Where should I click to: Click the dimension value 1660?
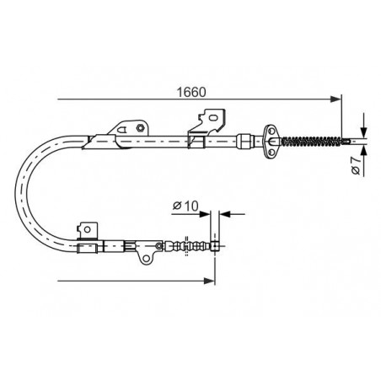[x=191, y=92]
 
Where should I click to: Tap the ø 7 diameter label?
[x=356, y=165]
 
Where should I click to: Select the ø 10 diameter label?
[x=185, y=206]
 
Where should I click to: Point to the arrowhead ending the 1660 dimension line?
[x=335, y=99]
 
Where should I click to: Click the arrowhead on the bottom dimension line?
[x=209, y=281]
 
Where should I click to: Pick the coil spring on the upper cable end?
[x=311, y=141]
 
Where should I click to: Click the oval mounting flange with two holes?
[x=271, y=142]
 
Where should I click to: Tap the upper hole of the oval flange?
[x=271, y=131]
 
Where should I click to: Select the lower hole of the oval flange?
[x=271, y=152]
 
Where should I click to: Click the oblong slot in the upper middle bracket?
[x=213, y=117]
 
